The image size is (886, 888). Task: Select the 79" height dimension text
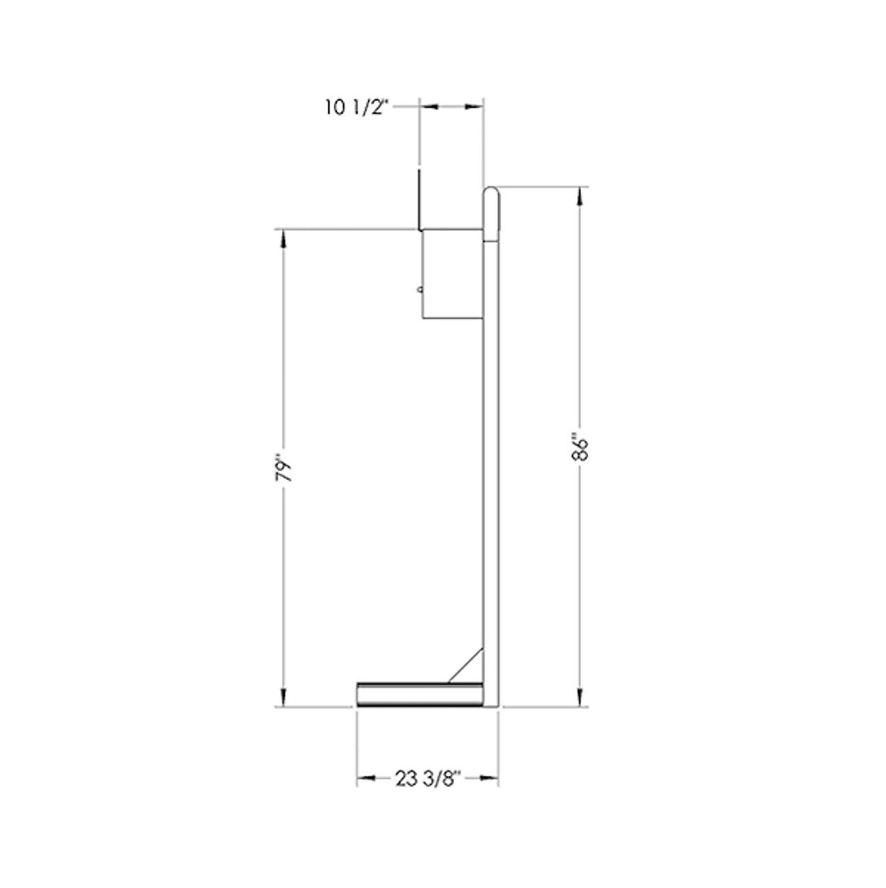pos(282,468)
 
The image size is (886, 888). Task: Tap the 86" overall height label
pos(582,447)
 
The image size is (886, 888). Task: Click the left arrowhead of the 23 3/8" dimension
pos(365,779)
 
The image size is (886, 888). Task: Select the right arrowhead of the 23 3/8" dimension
pos(491,779)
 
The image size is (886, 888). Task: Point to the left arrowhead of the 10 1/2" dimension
pos(426,106)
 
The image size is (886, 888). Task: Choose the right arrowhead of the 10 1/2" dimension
pos(476,106)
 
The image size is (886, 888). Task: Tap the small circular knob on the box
pos(419,290)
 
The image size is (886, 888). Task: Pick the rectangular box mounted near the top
pos(452,274)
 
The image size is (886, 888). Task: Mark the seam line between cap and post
pos(491,240)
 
